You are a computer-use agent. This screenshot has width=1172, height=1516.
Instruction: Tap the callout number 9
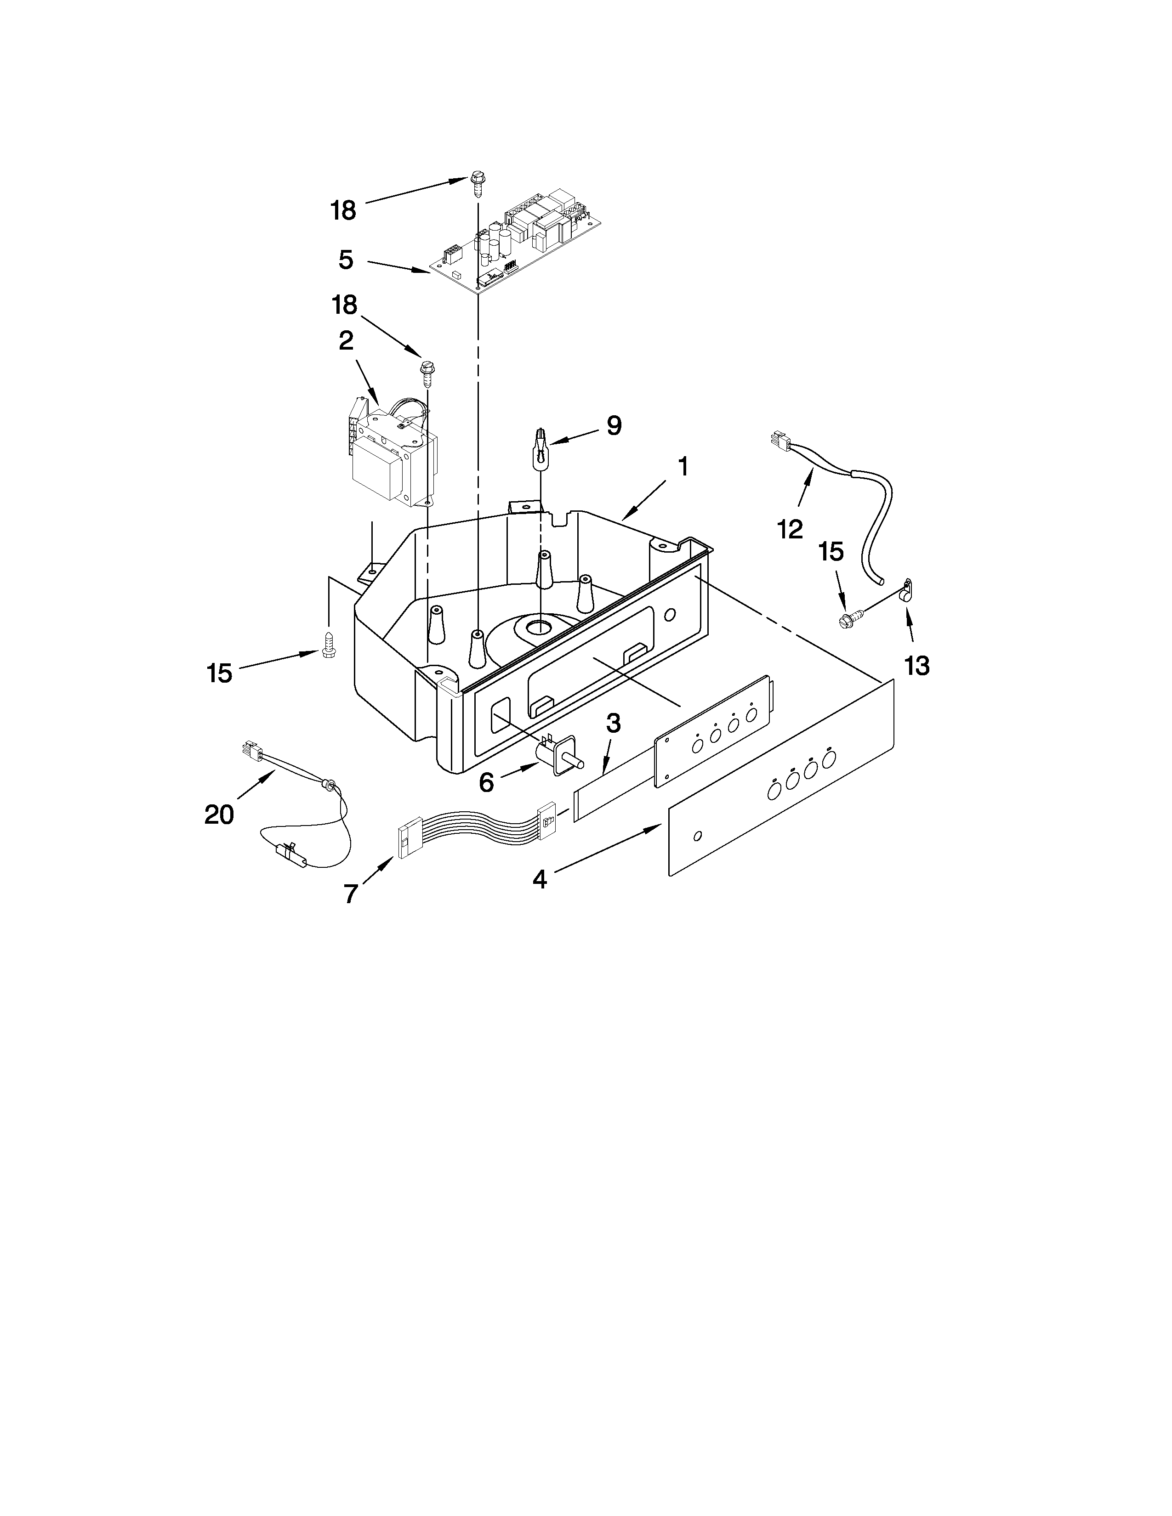click(x=613, y=425)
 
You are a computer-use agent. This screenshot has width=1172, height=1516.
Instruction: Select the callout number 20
click(x=219, y=814)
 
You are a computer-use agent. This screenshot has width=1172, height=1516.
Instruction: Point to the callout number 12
click(x=790, y=528)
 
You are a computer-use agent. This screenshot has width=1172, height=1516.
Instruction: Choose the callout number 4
click(x=540, y=879)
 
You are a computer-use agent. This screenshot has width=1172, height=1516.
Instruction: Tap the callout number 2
click(x=346, y=340)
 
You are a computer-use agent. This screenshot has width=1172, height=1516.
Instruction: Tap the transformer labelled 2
click(x=393, y=458)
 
